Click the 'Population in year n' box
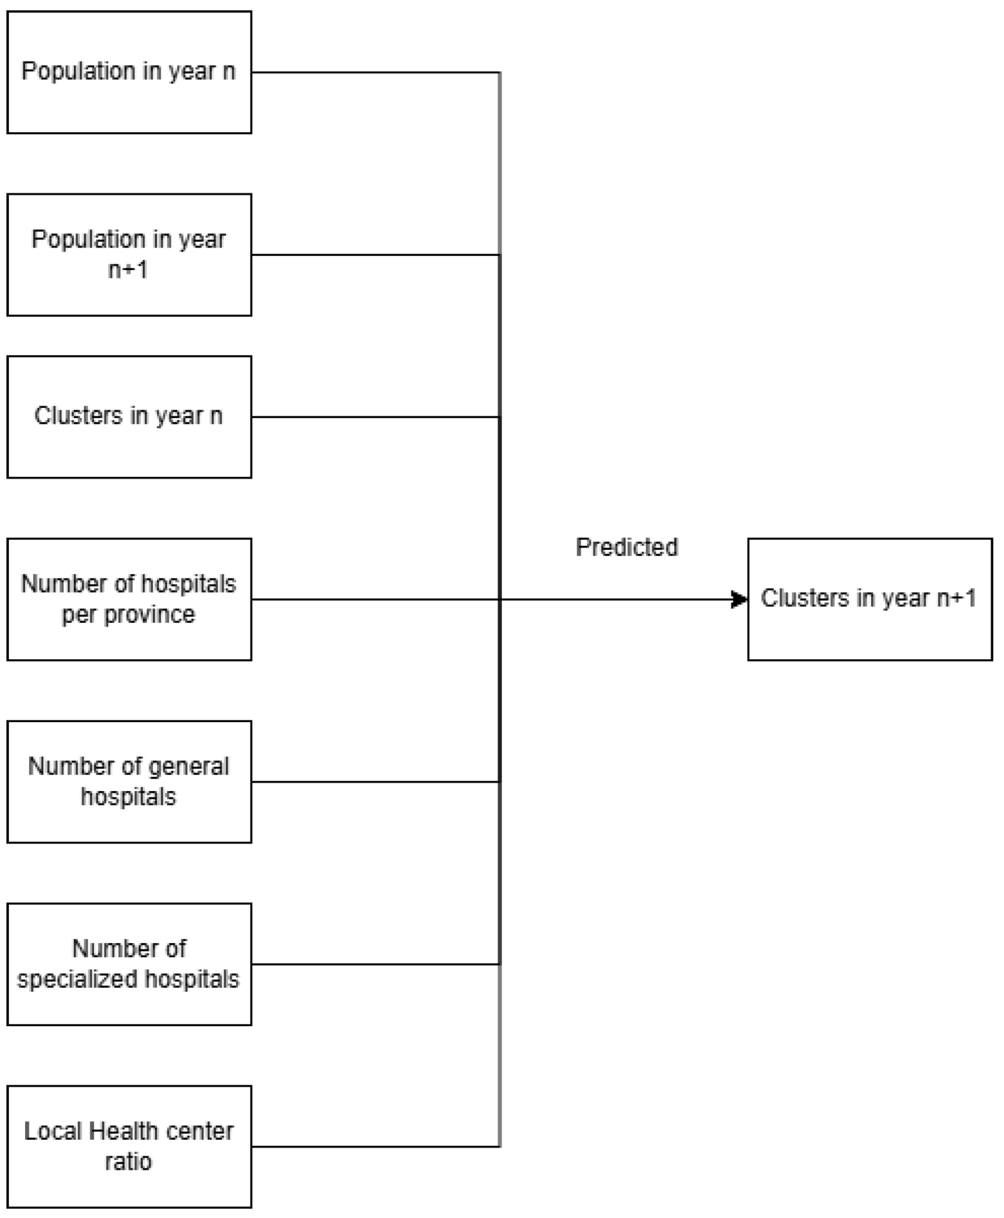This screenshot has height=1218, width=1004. [x=129, y=72]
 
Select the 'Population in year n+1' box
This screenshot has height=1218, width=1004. [x=129, y=255]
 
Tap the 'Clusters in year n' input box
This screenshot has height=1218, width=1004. [x=129, y=417]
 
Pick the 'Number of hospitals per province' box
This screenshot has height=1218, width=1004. [x=129, y=600]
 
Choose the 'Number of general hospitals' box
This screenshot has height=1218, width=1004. [x=129, y=782]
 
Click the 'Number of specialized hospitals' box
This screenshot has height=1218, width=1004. [x=129, y=964]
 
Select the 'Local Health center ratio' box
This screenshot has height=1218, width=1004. [x=129, y=1146]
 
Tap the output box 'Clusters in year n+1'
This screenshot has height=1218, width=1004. [x=870, y=600]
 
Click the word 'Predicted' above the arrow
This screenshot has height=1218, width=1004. [x=626, y=547]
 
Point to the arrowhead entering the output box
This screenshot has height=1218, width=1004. [x=739, y=600]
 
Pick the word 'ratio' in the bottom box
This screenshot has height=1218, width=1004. [x=129, y=1161]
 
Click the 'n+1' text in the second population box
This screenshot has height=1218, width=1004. [x=128, y=270]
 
